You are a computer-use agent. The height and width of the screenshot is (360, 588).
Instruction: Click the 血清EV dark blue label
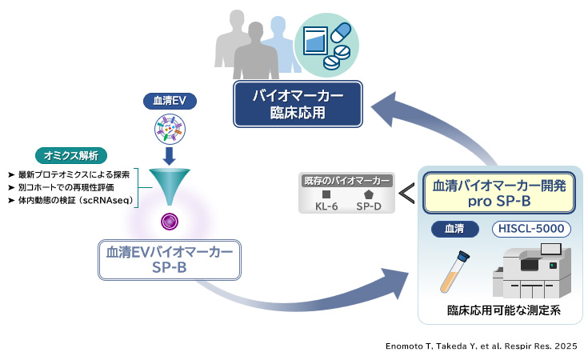tap(170, 100)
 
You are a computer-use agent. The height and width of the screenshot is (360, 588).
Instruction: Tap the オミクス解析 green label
tap(71, 155)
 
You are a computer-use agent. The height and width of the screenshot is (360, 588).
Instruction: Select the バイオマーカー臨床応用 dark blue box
tap(298, 104)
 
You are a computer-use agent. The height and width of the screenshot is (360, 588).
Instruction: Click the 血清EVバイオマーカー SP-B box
tap(169, 259)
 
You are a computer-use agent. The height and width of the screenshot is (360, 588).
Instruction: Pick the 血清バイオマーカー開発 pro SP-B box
tap(499, 194)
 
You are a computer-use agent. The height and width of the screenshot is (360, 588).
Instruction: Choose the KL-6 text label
tap(326, 207)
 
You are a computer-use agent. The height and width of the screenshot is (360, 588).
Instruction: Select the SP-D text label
tap(369, 207)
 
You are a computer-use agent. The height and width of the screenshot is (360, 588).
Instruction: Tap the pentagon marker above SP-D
tap(369, 194)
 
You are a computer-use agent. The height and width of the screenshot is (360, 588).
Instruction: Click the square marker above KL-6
tap(326, 194)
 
